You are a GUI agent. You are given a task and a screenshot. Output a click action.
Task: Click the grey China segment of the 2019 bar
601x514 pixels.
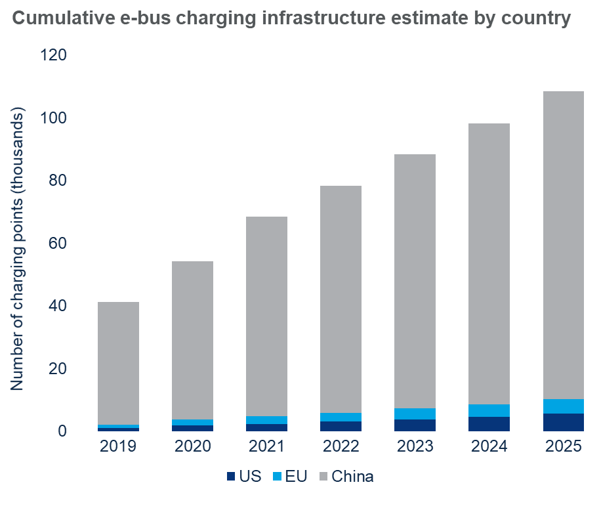point(118,363)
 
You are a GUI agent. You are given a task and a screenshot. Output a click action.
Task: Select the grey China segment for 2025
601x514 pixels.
point(563,245)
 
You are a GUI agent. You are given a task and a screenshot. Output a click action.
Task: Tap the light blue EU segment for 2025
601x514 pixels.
point(563,406)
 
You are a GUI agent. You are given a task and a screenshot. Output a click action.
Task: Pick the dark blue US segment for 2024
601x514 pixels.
point(489,424)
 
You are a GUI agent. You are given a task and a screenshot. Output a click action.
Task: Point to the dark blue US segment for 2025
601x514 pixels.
point(563,422)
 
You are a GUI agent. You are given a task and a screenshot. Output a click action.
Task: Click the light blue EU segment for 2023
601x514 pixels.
point(415,414)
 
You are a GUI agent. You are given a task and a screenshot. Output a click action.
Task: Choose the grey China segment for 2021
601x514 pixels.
point(266,316)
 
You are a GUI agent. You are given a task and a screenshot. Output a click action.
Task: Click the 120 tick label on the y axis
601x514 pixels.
point(54,55)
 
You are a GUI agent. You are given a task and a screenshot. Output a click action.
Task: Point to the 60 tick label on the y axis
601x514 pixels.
point(58,244)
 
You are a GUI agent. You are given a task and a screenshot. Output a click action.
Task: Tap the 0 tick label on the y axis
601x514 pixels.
point(62,431)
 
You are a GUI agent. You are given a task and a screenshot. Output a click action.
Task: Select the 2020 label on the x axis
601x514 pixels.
point(192,447)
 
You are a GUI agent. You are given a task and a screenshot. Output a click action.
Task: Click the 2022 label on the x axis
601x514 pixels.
point(341,447)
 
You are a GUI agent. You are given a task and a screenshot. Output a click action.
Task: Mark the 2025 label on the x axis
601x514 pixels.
point(563,447)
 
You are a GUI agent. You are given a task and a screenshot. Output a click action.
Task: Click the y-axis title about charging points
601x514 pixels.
point(18,249)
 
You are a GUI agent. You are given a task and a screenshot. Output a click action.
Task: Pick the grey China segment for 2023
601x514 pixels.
point(415,281)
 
